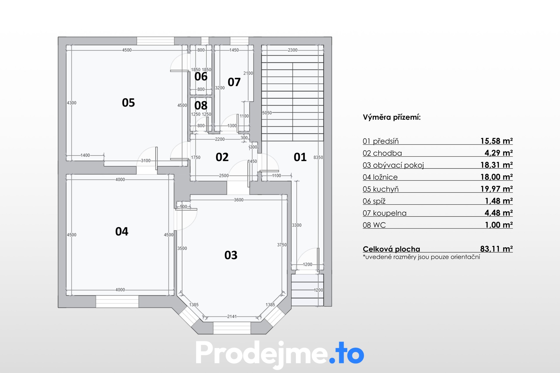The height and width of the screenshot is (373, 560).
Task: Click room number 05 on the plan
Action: (x=128, y=103)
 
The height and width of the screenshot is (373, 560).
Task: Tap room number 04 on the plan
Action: (x=122, y=231)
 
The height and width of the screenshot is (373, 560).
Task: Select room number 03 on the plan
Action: (x=231, y=255)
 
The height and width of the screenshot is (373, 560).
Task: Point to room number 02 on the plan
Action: (x=222, y=157)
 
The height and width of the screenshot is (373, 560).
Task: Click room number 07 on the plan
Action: (x=234, y=82)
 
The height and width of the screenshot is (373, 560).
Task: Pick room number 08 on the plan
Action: (x=201, y=105)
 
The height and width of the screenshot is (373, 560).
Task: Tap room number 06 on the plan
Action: (x=201, y=76)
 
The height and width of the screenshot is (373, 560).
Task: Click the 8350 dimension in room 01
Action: (x=318, y=157)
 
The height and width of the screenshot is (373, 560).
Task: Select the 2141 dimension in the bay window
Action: (x=232, y=316)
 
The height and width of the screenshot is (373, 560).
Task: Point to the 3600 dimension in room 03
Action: (x=239, y=200)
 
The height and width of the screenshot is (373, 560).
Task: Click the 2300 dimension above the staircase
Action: (x=293, y=50)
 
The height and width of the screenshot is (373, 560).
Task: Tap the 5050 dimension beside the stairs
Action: (x=267, y=113)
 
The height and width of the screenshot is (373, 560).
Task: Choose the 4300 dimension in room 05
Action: (x=71, y=103)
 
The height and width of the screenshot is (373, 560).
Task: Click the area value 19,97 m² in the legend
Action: (x=496, y=189)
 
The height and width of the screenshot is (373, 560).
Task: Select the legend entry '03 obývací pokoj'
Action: (x=393, y=165)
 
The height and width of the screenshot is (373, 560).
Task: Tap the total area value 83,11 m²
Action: (x=496, y=249)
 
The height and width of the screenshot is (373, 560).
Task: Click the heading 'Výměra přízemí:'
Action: (x=392, y=117)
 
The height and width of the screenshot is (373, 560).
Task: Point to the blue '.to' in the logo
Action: (x=346, y=353)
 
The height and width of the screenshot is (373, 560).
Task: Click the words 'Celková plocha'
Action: (x=391, y=249)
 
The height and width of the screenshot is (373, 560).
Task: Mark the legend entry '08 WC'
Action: (x=374, y=225)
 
